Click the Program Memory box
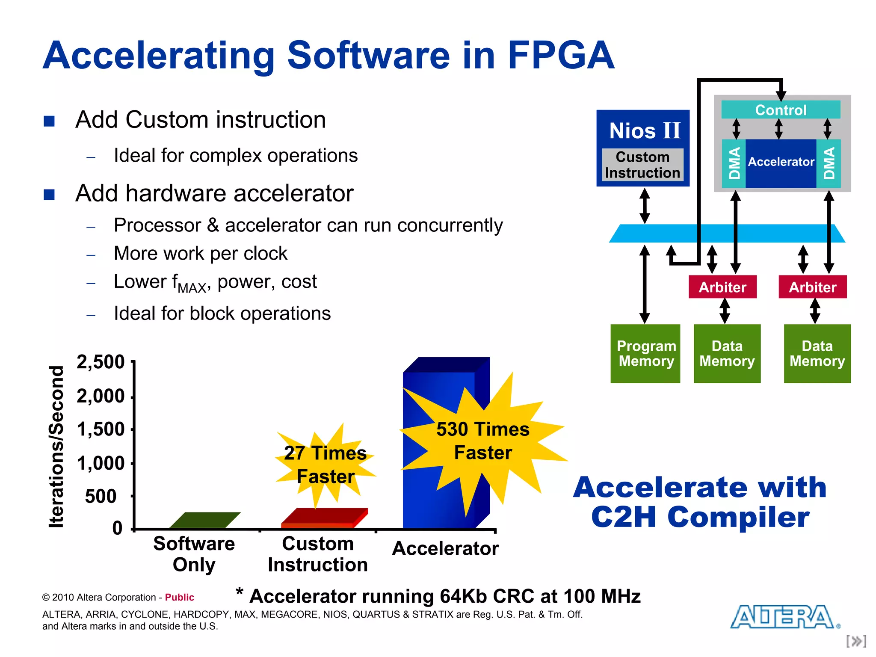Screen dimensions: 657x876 coord(645,353)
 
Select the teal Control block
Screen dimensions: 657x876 coord(781,110)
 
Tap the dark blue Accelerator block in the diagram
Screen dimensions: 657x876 coord(781,163)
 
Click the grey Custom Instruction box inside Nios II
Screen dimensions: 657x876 coord(642,165)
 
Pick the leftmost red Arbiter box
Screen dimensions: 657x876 coord(722,287)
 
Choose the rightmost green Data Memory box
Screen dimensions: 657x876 coord(817,353)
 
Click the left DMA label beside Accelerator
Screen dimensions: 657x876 coord(734,163)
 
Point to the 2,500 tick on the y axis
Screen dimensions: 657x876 coord(101,362)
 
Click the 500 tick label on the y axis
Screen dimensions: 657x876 coord(101,497)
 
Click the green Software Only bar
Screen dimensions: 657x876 coord(205,520)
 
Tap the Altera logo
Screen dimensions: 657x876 coord(785,617)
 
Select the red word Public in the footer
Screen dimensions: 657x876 coord(179,597)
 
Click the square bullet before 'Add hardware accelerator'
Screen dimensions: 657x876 coord(49,195)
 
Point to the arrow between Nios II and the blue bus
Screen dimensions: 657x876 coord(645,206)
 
